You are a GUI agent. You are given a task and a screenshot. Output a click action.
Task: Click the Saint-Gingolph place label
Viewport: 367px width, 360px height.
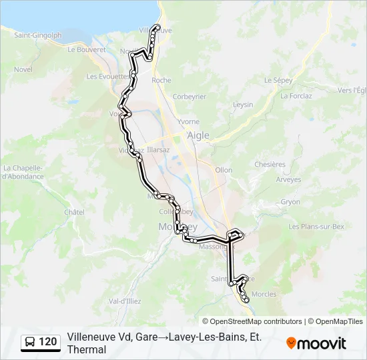[x=38, y=35]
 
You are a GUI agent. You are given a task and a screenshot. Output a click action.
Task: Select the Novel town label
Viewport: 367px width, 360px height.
[x=23, y=69]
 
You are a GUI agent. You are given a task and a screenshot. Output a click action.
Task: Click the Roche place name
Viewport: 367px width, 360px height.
[x=161, y=80]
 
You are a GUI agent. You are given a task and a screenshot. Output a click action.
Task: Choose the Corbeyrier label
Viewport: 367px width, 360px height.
[x=189, y=97]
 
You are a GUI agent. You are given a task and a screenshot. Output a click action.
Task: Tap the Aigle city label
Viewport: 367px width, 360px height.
[x=198, y=135]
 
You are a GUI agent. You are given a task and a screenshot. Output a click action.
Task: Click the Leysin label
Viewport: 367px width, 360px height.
[x=243, y=105]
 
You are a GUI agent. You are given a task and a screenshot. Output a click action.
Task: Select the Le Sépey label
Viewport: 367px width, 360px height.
[x=278, y=80]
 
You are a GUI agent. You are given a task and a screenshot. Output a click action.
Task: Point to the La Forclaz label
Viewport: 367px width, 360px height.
[x=296, y=96]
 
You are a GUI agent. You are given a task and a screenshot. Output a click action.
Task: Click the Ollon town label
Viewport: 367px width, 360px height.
[x=224, y=170]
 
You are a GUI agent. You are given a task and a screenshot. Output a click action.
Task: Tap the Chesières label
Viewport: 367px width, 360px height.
[x=270, y=165]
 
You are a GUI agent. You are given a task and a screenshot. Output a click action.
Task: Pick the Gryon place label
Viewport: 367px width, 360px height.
[x=290, y=201]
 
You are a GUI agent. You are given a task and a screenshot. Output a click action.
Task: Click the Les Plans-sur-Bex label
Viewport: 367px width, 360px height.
[x=316, y=227]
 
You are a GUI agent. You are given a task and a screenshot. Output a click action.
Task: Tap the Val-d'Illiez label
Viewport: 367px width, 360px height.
[x=123, y=301]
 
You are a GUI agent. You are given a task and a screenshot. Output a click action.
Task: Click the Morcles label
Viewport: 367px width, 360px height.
[x=265, y=294]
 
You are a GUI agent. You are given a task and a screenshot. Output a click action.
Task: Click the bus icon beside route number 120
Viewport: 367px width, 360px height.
[x=30, y=343]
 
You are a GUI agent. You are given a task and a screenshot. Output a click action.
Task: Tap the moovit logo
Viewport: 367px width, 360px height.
[x=316, y=343]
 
